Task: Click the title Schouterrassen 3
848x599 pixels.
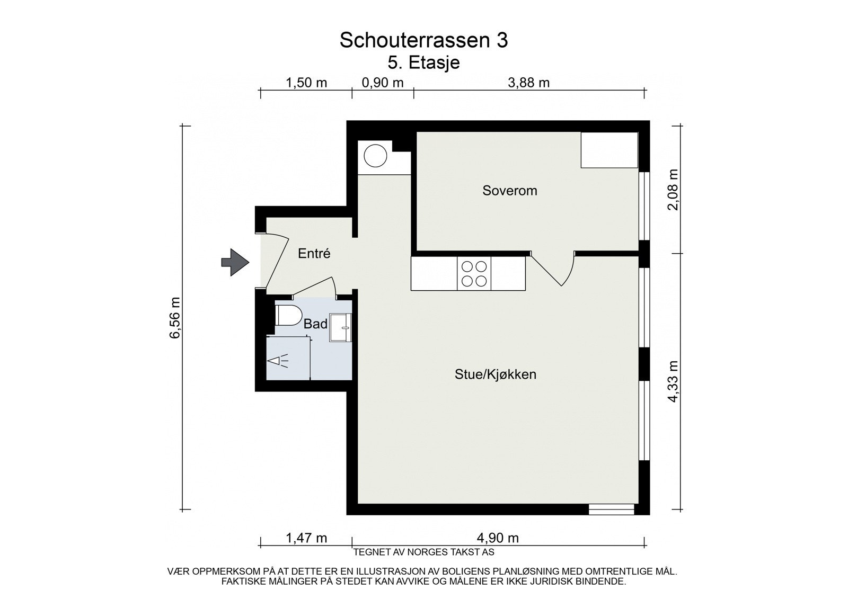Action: point(423,40)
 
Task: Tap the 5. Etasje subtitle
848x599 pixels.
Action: point(423,62)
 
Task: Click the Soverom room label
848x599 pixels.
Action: point(509,191)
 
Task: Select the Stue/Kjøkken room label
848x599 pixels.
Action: point(495,374)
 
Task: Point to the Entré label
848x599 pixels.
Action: point(314,254)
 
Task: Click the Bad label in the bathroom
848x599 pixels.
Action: point(315,324)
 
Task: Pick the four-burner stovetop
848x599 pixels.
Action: point(474,274)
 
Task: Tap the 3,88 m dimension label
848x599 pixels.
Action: point(528,83)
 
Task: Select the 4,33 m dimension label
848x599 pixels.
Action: point(673,381)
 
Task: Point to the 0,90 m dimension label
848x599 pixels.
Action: point(382,83)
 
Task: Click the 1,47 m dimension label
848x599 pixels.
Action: point(306,538)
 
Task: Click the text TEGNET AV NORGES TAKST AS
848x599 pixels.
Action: point(423,552)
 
